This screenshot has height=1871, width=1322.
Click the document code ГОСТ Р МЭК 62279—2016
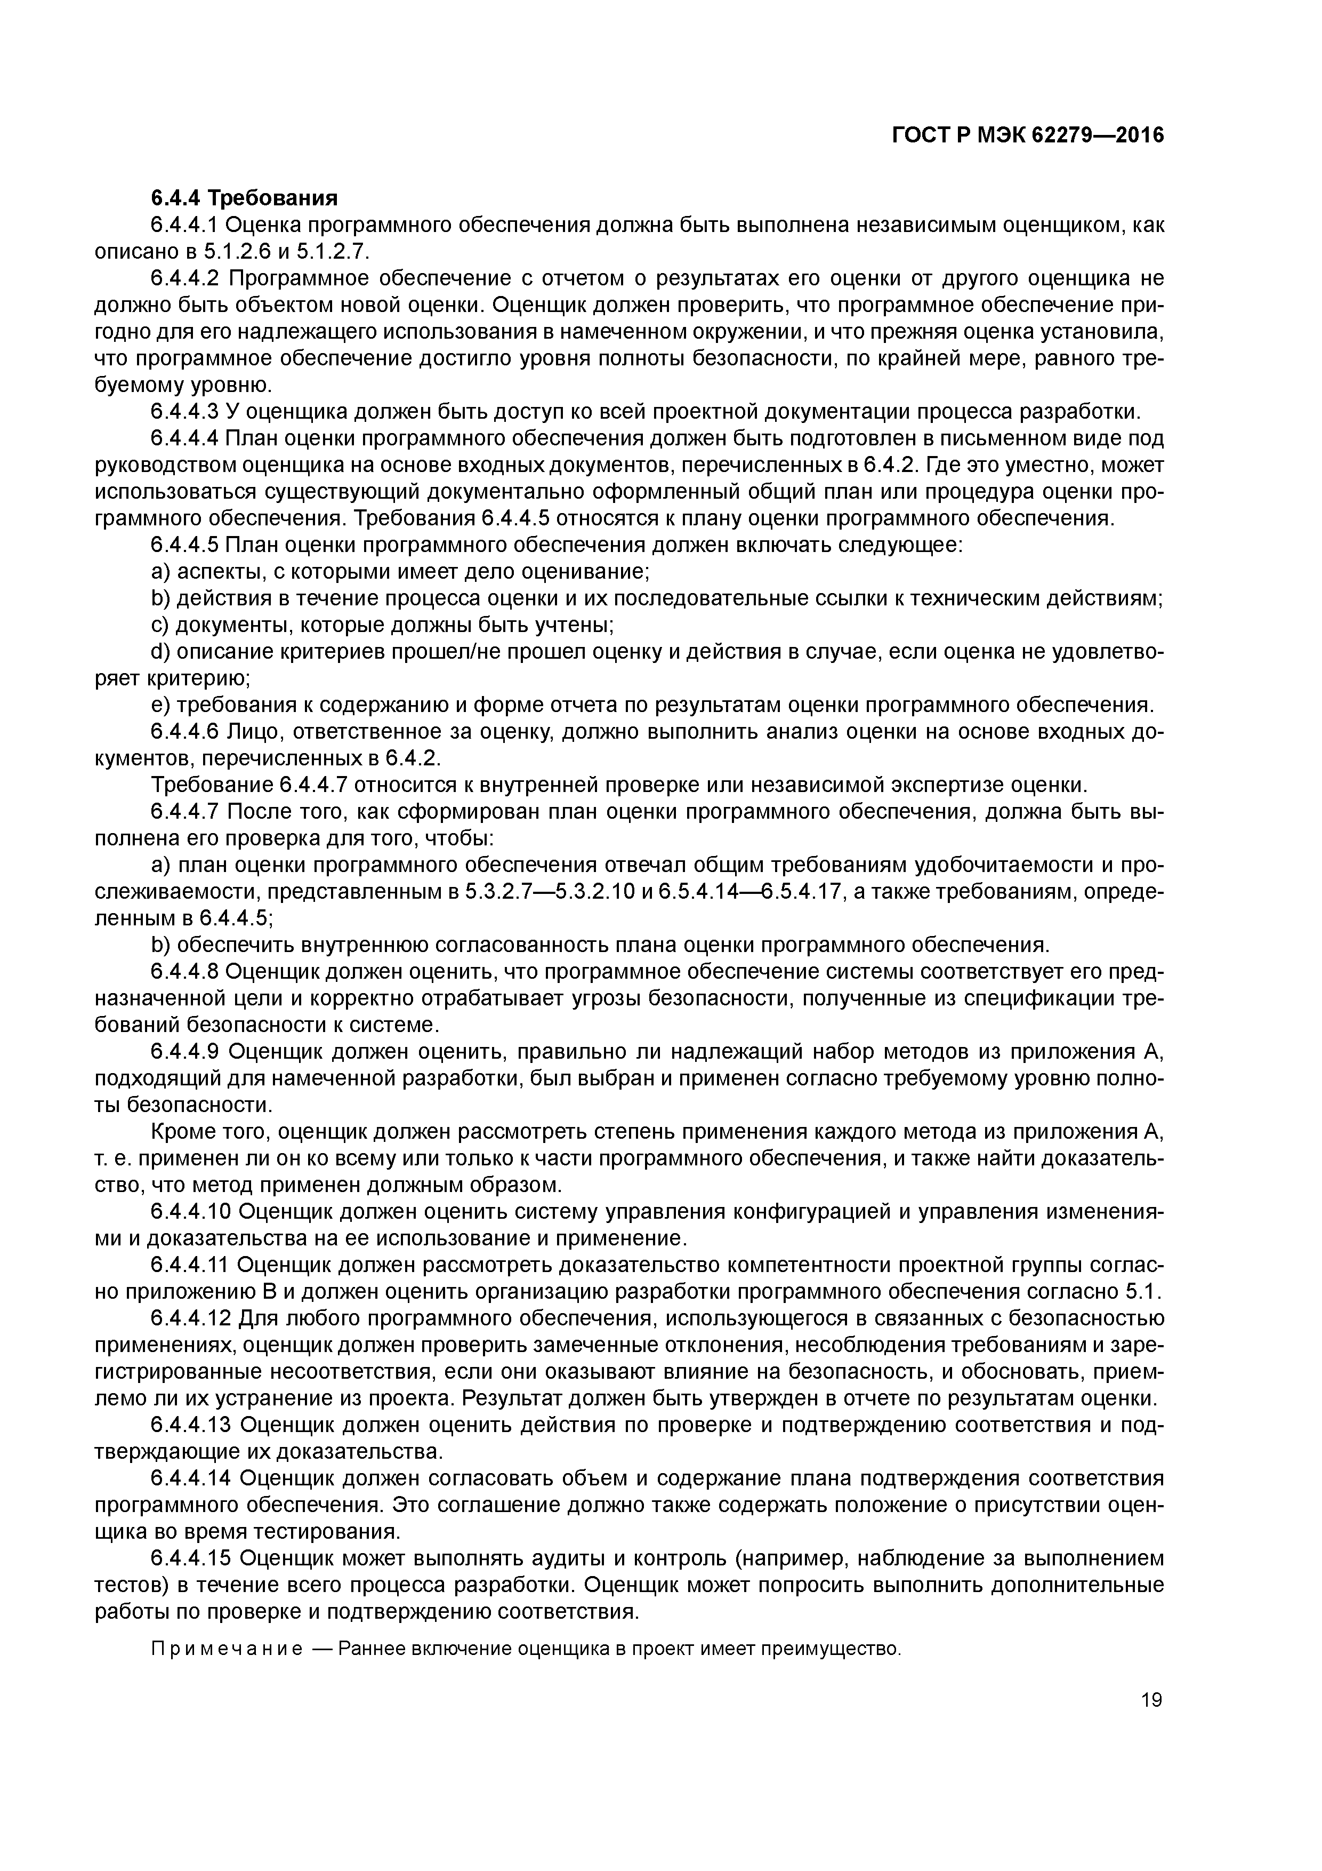click(1028, 136)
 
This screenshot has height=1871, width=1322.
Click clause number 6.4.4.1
click(186, 225)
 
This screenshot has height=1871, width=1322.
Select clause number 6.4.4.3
click(186, 412)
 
